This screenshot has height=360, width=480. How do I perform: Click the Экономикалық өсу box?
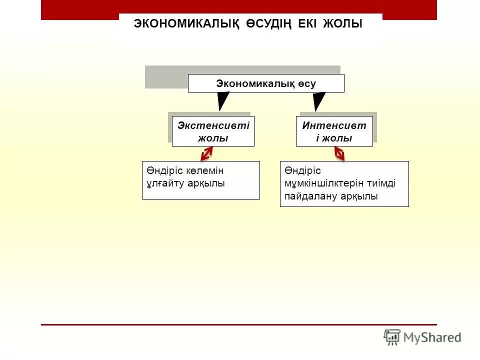(x=266, y=83)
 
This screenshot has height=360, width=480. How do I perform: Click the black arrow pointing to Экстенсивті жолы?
(x=223, y=101)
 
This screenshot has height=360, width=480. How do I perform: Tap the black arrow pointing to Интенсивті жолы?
(x=318, y=101)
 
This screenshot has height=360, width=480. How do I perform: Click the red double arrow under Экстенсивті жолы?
(x=207, y=154)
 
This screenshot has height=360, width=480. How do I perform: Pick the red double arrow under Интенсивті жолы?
(x=339, y=153)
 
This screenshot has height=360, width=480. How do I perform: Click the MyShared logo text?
(x=432, y=337)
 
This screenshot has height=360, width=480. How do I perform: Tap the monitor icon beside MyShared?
(x=392, y=337)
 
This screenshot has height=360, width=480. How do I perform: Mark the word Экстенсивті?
(x=213, y=125)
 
